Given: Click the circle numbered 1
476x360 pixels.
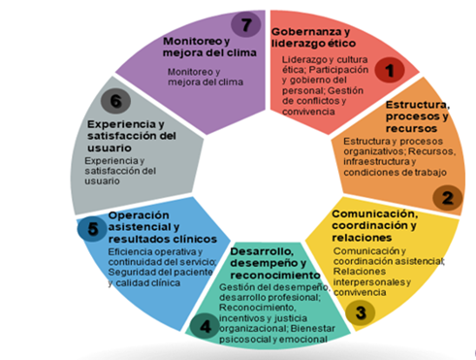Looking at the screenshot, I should click(x=391, y=70).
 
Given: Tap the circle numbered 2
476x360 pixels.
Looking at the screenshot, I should click(x=448, y=199).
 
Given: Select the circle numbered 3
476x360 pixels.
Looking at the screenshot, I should click(x=360, y=312).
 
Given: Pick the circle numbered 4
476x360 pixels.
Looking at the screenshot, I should click(x=206, y=326).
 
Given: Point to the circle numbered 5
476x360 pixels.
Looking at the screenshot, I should click(x=91, y=230).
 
